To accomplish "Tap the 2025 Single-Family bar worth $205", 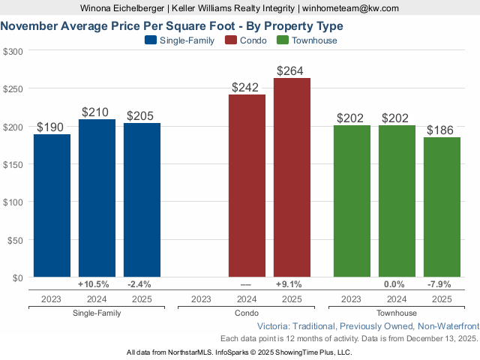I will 142,200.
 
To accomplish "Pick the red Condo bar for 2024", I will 247,186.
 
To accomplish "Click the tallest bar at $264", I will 292,178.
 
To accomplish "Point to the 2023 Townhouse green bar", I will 352,201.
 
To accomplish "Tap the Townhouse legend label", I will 314,40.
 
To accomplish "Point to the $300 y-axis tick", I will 13,51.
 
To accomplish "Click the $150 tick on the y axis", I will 13,164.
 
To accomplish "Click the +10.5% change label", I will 94,284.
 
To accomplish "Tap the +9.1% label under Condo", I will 289,284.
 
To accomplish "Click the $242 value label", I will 247,87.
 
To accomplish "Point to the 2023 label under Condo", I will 202,298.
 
